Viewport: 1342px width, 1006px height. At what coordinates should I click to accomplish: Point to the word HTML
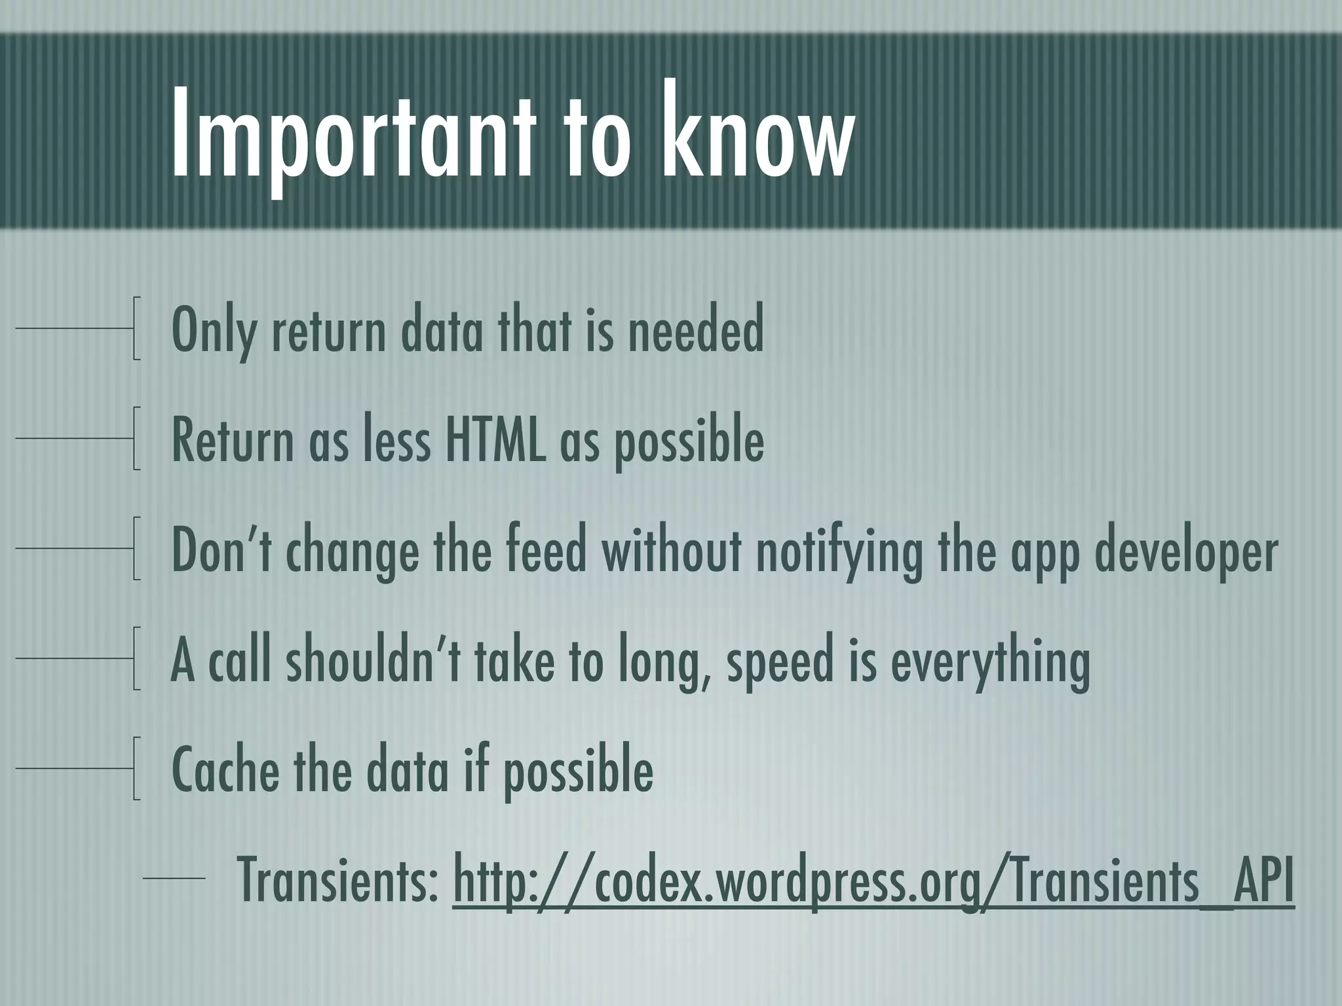(495, 440)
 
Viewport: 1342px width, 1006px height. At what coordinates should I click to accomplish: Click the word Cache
(225, 770)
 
